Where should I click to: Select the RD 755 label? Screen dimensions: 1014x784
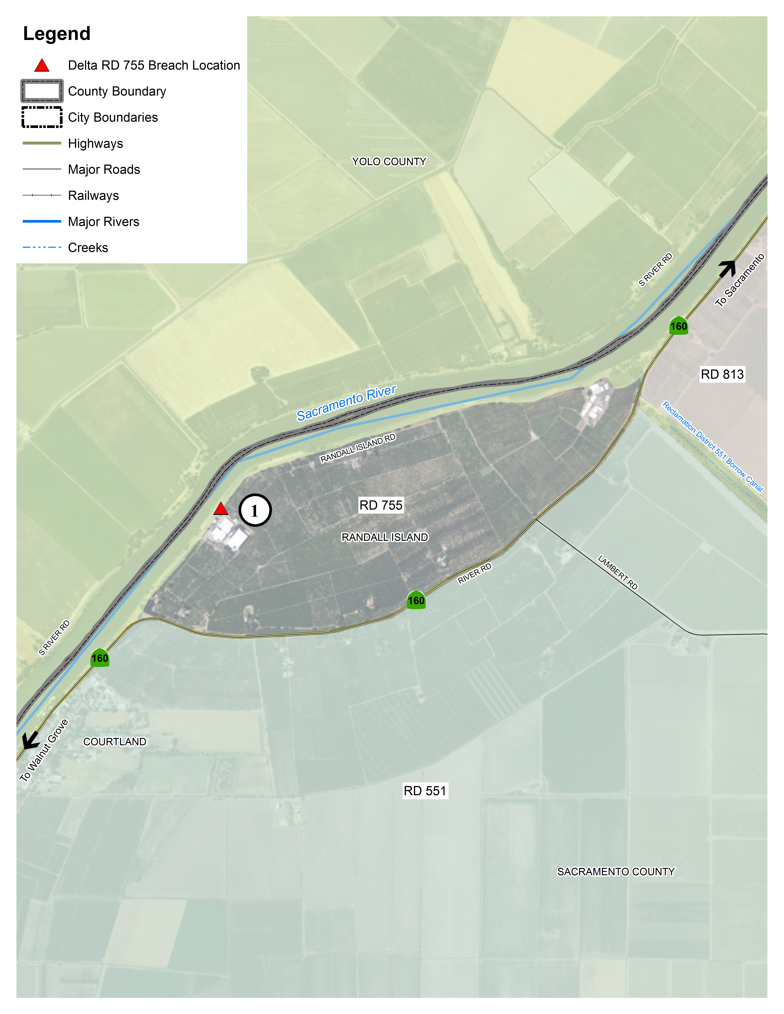381,505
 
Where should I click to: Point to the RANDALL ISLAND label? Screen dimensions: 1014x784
385,537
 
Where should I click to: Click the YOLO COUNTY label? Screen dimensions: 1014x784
389,162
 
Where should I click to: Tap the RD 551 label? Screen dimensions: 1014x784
424,791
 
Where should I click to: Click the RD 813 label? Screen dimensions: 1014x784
722,374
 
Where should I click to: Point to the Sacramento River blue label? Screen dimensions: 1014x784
346,403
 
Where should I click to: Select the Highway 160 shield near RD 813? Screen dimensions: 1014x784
679,326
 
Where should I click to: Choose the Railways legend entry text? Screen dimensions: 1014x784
93,195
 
